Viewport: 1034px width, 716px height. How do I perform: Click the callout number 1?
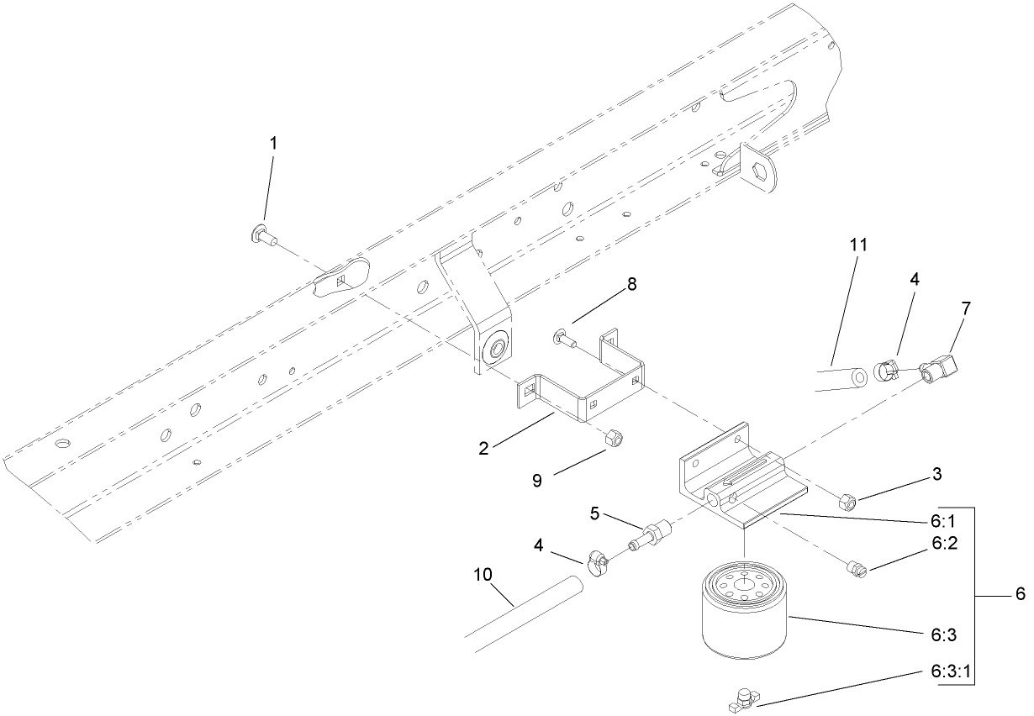point(272,144)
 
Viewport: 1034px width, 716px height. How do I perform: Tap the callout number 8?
point(630,284)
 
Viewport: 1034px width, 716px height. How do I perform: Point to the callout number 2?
point(483,448)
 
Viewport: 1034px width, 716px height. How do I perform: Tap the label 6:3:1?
point(954,672)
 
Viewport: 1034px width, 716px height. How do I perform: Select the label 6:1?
point(944,520)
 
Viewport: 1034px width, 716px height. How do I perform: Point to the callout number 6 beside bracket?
point(1021,594)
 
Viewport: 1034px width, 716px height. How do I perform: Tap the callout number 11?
point(857,245)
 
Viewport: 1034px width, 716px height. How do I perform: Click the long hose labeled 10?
point(521,610)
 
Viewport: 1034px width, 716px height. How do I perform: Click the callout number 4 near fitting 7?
point(915,278)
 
